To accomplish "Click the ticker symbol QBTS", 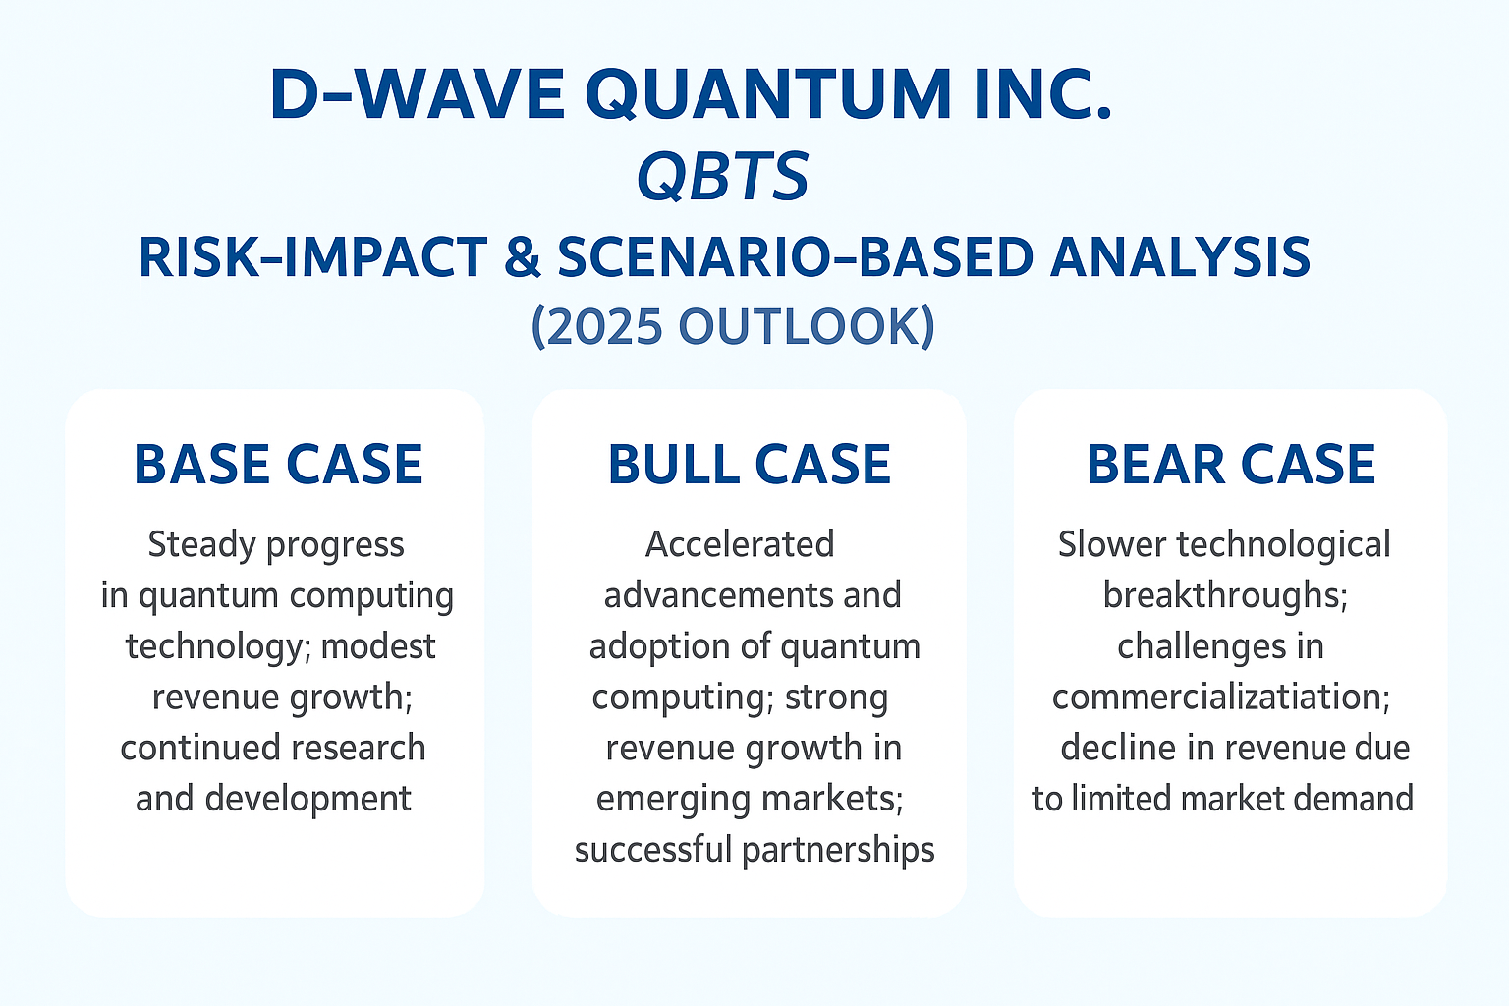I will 723,177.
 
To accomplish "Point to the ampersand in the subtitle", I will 522,257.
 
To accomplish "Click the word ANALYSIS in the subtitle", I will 1180,257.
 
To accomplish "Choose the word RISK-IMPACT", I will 312,257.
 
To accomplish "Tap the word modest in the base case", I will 378,646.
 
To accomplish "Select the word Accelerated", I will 740,544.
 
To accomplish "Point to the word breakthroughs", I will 1225,595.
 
